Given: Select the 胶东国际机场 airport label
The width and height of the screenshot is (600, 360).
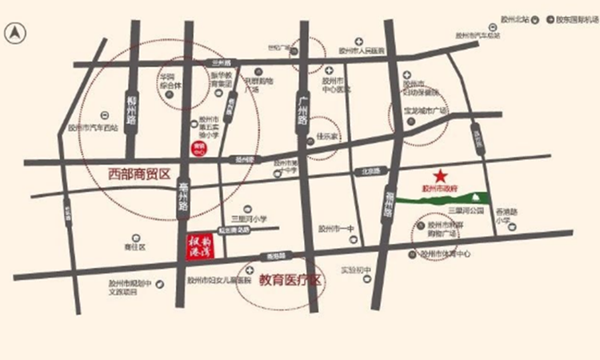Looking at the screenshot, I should pyautogui.click(x=573, y=20).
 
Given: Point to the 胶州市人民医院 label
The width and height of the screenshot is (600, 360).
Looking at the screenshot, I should pyautogui.click(x=361, y=50).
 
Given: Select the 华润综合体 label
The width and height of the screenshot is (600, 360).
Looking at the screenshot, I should pyautogui.click(x=169, y=82).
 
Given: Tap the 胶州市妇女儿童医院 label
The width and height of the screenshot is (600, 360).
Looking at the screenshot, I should pyautogui.click(x=214, y=282).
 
